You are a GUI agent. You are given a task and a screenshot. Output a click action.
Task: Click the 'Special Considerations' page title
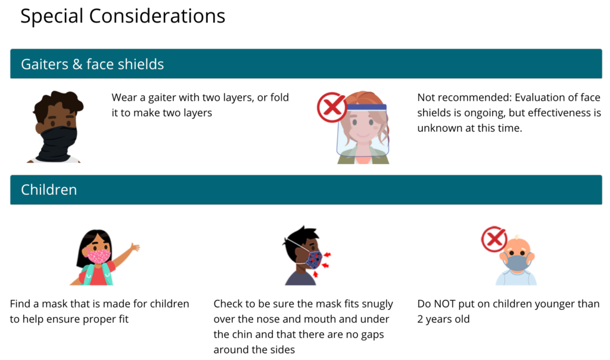(123, 16)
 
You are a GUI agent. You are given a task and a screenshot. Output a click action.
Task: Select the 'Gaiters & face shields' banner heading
(92, 64)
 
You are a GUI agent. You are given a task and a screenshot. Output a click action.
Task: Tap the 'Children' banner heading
(49, 190)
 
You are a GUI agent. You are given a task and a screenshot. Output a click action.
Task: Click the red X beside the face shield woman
(331, 107)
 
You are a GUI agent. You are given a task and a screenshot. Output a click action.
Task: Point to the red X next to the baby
(494, 238)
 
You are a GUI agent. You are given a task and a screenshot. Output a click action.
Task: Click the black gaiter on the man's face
(59, 144)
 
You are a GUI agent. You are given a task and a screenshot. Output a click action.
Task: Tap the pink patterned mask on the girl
(98, 256)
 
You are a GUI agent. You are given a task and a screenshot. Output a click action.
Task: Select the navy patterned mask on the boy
(314, 260)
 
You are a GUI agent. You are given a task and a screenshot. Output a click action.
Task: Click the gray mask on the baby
(516, 262)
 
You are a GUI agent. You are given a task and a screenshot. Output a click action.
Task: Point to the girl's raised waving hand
(135, 247)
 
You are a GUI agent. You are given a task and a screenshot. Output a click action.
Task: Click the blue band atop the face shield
(366, 107)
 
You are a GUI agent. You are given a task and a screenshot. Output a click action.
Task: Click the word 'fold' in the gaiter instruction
(280, 97)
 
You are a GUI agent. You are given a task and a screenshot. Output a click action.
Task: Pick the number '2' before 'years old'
(420, 319)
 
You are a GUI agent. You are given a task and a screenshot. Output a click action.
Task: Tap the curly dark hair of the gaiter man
(58, 103)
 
